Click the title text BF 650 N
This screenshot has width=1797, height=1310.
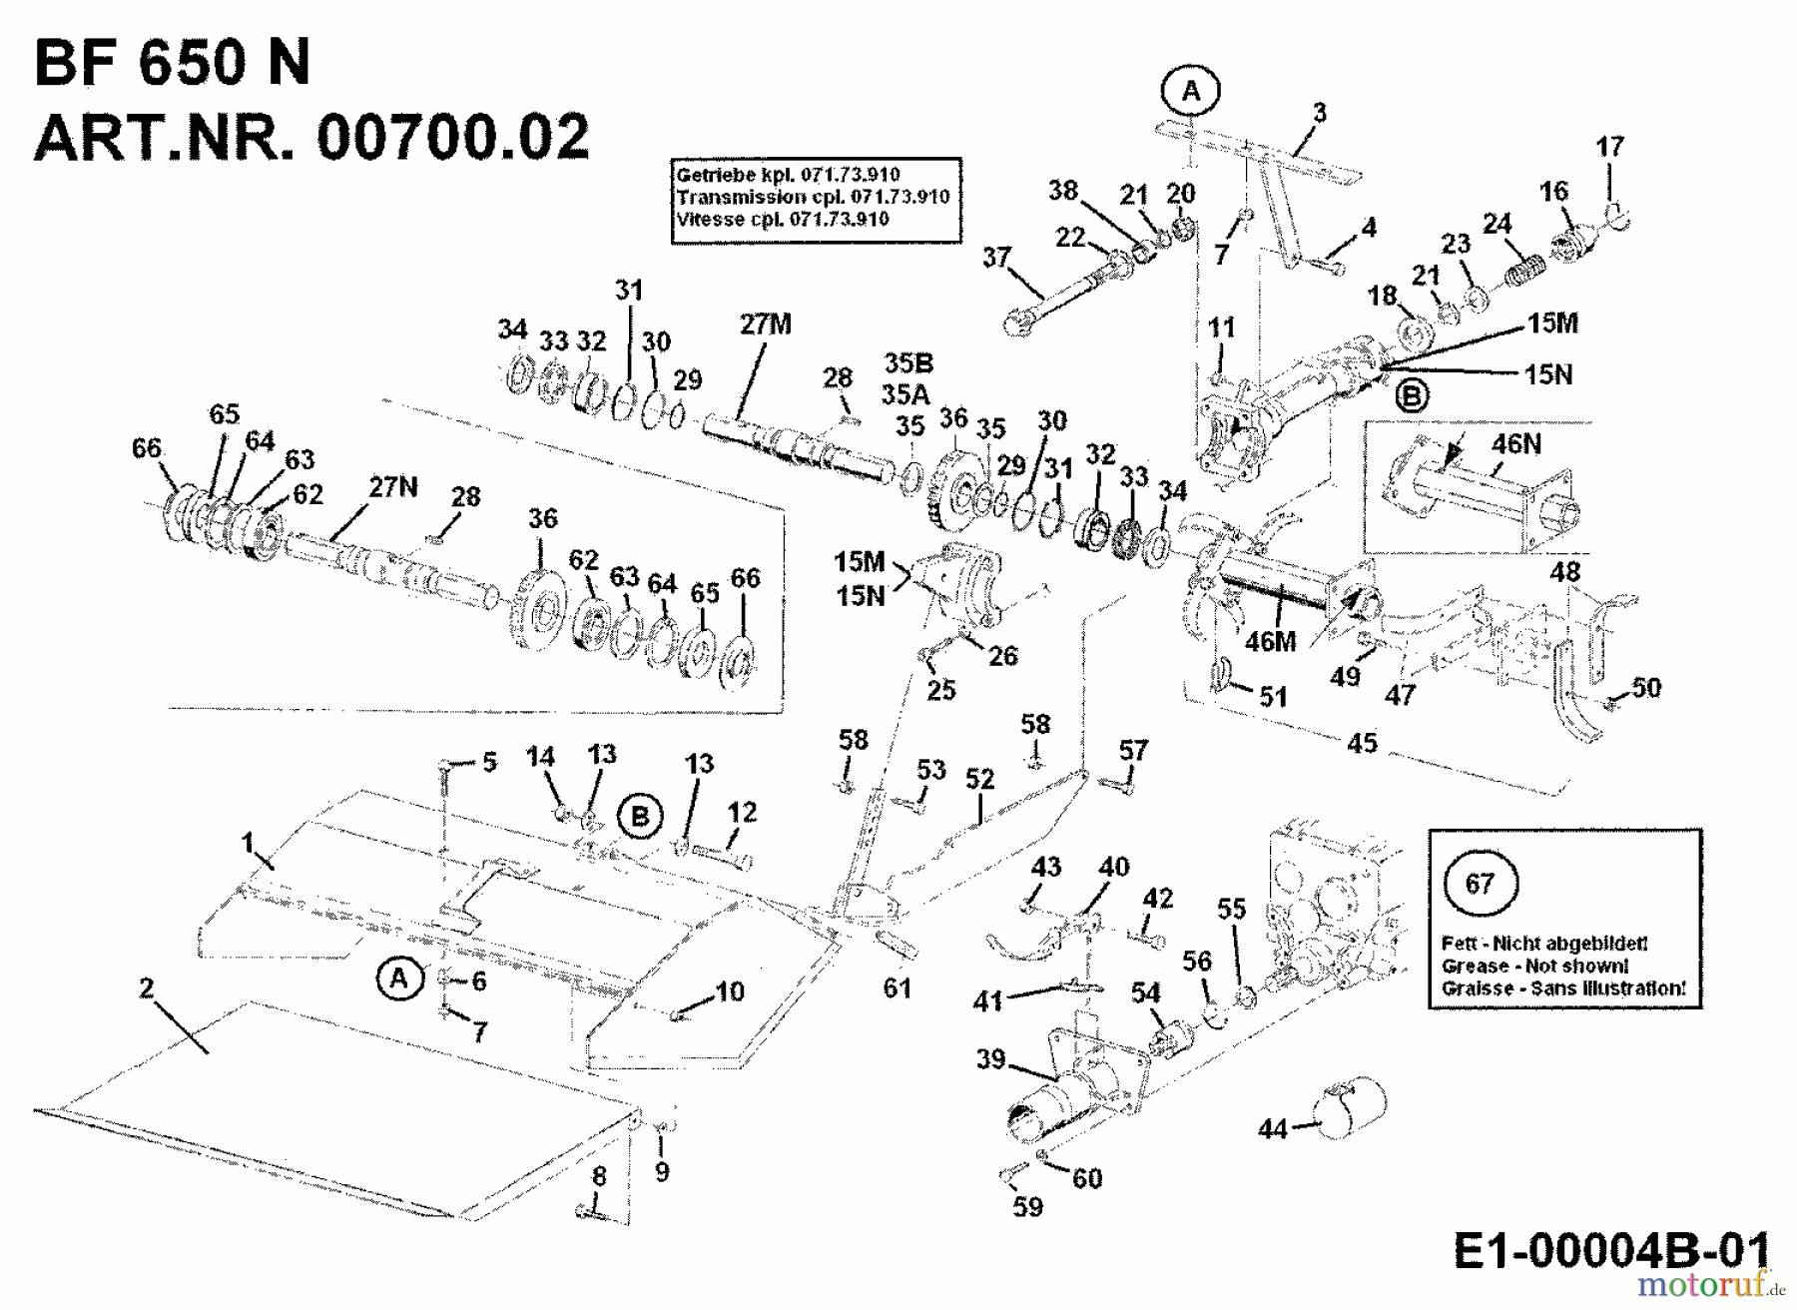point(172,63)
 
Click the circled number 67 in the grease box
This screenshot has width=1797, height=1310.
point(1480,884)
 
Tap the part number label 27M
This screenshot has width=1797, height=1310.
point(766,325)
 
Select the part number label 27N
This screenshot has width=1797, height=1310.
point(393,486)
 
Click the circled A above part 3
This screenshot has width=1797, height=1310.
point(1191,91)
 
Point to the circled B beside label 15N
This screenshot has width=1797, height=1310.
point(1411,396)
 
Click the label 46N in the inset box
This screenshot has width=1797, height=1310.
point(1515,443)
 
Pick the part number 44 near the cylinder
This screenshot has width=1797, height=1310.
point(1273,1129)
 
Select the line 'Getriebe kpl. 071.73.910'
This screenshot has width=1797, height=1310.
point(788,175)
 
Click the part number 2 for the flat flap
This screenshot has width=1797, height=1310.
point(146,988)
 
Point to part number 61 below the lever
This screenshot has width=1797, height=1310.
point(897,987)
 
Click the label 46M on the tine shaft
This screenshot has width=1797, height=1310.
point(1270,642)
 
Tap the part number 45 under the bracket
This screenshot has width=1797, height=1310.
point(1362,742)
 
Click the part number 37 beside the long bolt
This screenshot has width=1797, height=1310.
point(995,258)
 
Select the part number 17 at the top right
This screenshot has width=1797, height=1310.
point(1609,147)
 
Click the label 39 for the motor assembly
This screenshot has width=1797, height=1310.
point(990,1058)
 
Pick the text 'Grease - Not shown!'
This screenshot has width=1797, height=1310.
point(1534,966)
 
